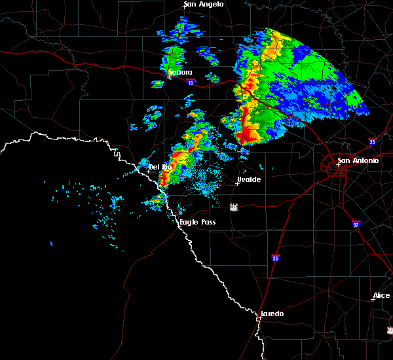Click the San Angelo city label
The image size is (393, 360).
[x=204, y=5]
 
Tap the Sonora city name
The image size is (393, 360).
[x=180, y=72]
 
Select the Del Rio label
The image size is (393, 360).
[x=160, y=167]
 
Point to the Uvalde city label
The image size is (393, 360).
[x=249, y=179]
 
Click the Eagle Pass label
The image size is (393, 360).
[x=198, y=223]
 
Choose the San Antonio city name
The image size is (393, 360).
[x=358, y=160]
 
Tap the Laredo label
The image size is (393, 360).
[x=272, y=314]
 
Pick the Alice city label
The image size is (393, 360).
[x=381, y=296]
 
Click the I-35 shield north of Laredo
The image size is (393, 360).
[x=276, y=258]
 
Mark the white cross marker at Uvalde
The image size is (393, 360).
[x=237, y=183]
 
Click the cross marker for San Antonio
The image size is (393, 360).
[x=339, y=164]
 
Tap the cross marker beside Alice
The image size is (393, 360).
[x=372, y=300]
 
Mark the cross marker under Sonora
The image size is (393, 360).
[x=169, y=77]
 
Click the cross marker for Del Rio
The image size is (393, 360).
[x=148, y=171]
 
